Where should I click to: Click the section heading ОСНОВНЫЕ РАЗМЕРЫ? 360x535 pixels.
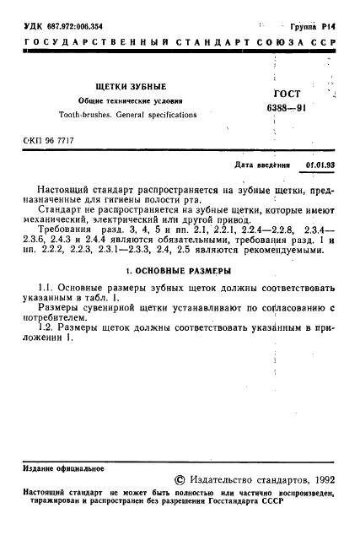tap(185, 273)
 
